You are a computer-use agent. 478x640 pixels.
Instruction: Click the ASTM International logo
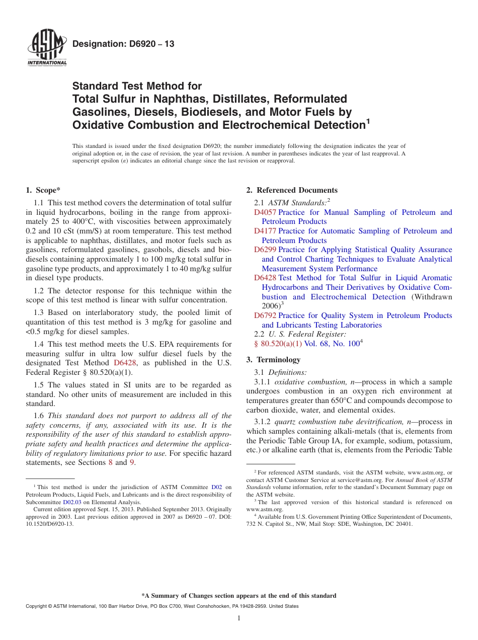pos(47,48)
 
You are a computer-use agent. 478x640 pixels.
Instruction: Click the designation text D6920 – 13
pos(123,44)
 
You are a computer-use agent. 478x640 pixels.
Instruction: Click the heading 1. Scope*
pos(43,190)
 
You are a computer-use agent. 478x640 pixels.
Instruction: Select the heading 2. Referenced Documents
pos(292,190)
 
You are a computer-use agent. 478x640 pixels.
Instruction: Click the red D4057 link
pos(265,212)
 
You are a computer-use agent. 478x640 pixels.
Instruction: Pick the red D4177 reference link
pos(265,231)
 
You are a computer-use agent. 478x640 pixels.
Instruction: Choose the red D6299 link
pos(265,250)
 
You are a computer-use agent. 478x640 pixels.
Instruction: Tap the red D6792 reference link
pos(265,315)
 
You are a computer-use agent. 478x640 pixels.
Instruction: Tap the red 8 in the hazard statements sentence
pos(110,462)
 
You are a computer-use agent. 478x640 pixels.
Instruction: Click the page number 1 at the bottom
pos(239,618)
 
